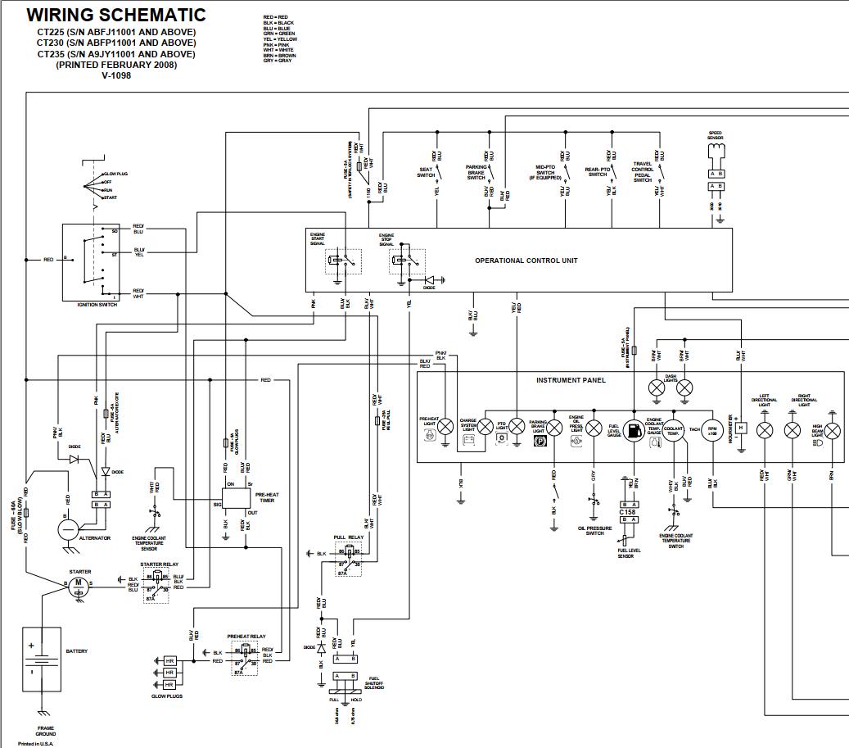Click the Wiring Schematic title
click(x=116, y=16)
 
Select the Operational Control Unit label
click(x=526, y=261)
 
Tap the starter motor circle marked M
click(x=79, y=583)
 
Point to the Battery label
click(x=76, y=651)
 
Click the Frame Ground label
click(x=46, y=731)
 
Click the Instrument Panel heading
click(x=571, y=380)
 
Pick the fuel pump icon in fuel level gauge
click(x=633, y=430)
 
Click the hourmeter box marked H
click(x=740, y=428)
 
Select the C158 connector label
click(x=627, y=512)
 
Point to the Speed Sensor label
click(x=716, y=136)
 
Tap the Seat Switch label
click(x=426, y=172)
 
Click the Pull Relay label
click(x=349, y=537)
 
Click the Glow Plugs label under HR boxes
click(x=167, y=696)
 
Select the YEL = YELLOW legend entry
click(x=281, y=39)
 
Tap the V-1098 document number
click(x=116, y=75)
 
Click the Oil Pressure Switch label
click(x=595, y=530)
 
